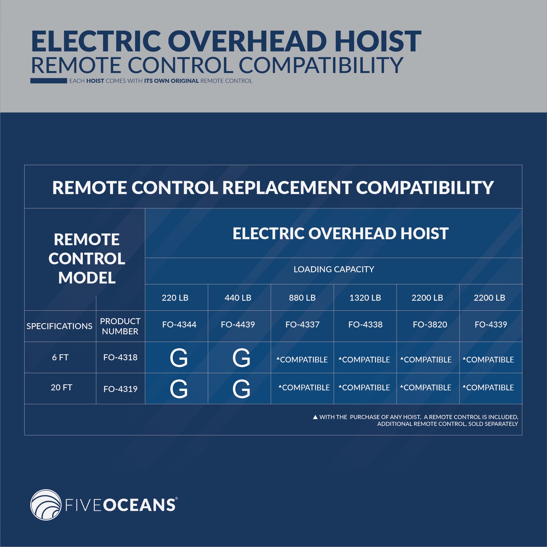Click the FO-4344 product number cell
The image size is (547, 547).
point(179,324)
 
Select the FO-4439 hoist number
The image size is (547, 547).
point(238,324)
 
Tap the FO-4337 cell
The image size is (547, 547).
point(302,324)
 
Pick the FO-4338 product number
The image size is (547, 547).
point(365,324)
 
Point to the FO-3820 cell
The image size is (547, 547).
point(430,324)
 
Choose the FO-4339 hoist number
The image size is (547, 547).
point(491,324)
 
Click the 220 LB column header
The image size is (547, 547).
point(175,298)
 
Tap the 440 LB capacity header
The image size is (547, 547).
point(238,298)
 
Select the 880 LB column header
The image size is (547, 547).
point(302,298)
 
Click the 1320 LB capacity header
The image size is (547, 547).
point(365,298)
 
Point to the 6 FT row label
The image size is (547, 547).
point(60,357)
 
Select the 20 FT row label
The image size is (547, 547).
point(62,387)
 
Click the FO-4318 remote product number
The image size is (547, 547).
point(120,357)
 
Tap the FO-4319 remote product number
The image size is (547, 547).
point(120,389)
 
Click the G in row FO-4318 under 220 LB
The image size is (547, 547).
point(179,358)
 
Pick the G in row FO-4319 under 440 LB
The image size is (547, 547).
point(241,389)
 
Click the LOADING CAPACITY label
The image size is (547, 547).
point(334,269)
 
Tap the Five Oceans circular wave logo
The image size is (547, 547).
point(46,505)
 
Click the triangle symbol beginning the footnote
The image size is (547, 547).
point(315,417)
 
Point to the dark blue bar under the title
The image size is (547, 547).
point(49,81)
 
